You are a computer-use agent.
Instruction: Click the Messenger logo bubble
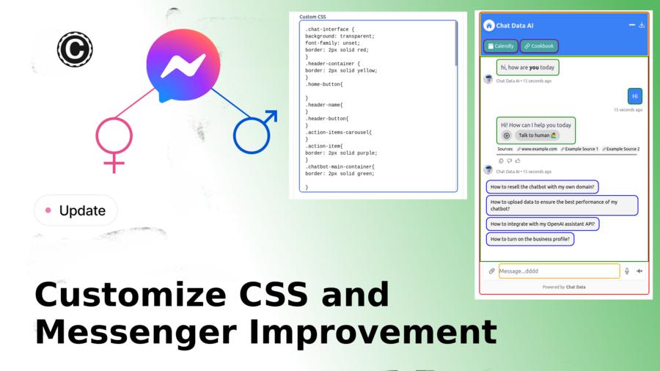[183, 66]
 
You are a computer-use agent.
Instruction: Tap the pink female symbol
[114, 139]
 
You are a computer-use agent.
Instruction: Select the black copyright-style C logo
[74, 50]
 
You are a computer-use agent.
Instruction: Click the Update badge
[76, 210]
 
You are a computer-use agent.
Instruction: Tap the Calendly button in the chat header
[499, 46]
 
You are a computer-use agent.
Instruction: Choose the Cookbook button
[539, 46]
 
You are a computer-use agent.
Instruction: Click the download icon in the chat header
[642, 25]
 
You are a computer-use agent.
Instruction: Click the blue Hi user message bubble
[635, 96]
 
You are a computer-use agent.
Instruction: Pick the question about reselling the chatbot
[542, 187]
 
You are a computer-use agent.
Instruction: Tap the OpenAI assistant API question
[543, 224]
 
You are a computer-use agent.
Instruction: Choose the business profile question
[530, 239]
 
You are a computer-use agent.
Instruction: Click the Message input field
[559, 271]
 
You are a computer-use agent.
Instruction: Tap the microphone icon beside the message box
[626, 271]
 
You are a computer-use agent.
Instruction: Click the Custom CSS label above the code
[313, 16]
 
